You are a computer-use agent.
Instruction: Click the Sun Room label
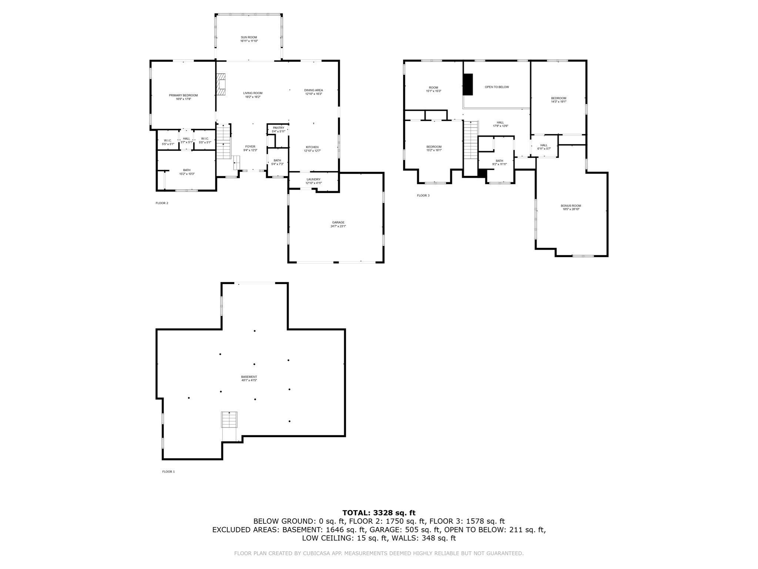[x=249, y=37]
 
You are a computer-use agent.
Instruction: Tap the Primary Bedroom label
[x=183, y=96]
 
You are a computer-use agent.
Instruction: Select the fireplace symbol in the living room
[x=221, y=84]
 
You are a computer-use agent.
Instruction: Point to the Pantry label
[x=278, y=128]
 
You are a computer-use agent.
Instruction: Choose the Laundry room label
[x=313, y=179]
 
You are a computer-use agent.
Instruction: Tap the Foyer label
[x=250, y=147]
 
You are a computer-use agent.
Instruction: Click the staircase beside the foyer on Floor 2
[x=224, y=142]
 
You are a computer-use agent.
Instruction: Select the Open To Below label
[x=497, y=87]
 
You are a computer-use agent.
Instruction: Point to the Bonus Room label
[x=571, y=206]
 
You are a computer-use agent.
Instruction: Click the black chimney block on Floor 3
[x=468, y=84]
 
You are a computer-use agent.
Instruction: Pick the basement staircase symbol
[x=229, y=420]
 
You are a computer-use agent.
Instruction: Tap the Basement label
[x=249, y=377]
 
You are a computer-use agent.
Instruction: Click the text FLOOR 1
[x=168, y=472]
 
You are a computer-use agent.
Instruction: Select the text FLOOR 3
[x=423, y=196]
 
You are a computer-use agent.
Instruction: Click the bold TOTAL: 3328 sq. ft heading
[x=379, y=513]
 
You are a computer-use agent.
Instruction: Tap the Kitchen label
[x=312, y=147]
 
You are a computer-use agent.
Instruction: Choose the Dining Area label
[x=313, y=90]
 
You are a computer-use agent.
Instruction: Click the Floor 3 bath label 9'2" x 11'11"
[x=499, y=164]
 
